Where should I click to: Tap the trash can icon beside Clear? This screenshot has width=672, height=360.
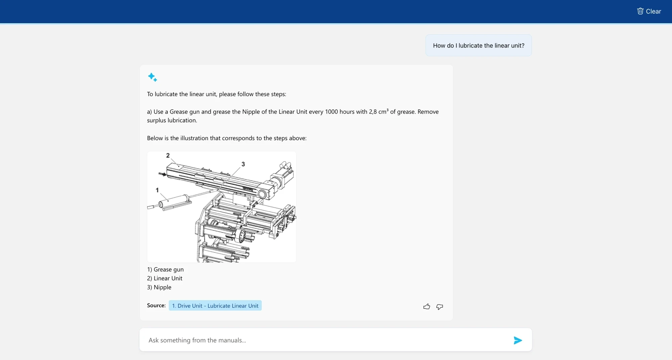(x=640, y=11)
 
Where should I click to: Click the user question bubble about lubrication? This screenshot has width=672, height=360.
(x=478, y=45)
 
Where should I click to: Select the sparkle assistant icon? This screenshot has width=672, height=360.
(x=152, y=77)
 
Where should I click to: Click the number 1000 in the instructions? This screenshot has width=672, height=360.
(x=331, y=112)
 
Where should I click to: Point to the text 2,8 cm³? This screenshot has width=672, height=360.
(x=378, y=112)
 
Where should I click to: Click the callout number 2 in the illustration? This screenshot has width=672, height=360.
(x=168, y=155)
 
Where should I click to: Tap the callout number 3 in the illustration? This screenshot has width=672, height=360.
(x=243, y=164)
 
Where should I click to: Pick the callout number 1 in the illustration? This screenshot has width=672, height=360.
(x=157, y=190)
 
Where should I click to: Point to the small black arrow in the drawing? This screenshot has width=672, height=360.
(x=163, y=174)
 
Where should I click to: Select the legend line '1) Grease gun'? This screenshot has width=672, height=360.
(x=165, y=270)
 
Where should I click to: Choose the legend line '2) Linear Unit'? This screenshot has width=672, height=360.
(x=165, y=278)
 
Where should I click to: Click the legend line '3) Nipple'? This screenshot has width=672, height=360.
(x=159, y=287)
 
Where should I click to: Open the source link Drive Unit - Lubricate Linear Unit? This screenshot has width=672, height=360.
(x=215, y=306)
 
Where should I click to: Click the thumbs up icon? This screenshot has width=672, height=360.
(x=427, y=307)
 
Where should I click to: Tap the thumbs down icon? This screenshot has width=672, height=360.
(x=439, y=307)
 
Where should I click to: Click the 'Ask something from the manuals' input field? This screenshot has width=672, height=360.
(x=326, y=340)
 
